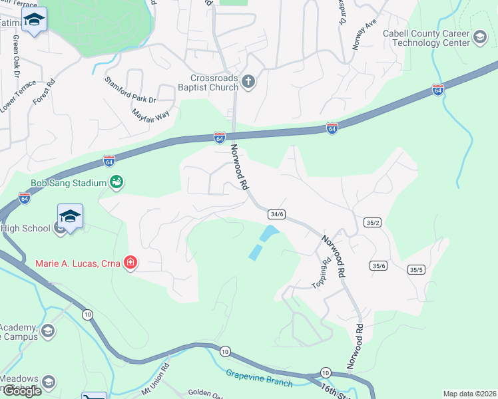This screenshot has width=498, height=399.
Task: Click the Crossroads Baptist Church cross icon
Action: point(248,82)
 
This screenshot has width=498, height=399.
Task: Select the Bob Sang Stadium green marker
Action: point(117,182)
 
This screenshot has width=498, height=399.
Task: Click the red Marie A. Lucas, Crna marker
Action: point(130,263)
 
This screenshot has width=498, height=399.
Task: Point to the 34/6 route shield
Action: point(277,214)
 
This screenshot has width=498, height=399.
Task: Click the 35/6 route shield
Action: point(379,265)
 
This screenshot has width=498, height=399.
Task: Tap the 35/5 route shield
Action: point(416,269)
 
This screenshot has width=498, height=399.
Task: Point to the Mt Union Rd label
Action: point(156,374)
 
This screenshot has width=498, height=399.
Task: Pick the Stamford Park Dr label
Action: point(130,90)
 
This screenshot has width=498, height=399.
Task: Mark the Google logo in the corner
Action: point(22,391)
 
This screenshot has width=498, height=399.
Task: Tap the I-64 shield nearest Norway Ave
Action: point(437,90)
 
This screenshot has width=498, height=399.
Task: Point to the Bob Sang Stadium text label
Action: point(69,183)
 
